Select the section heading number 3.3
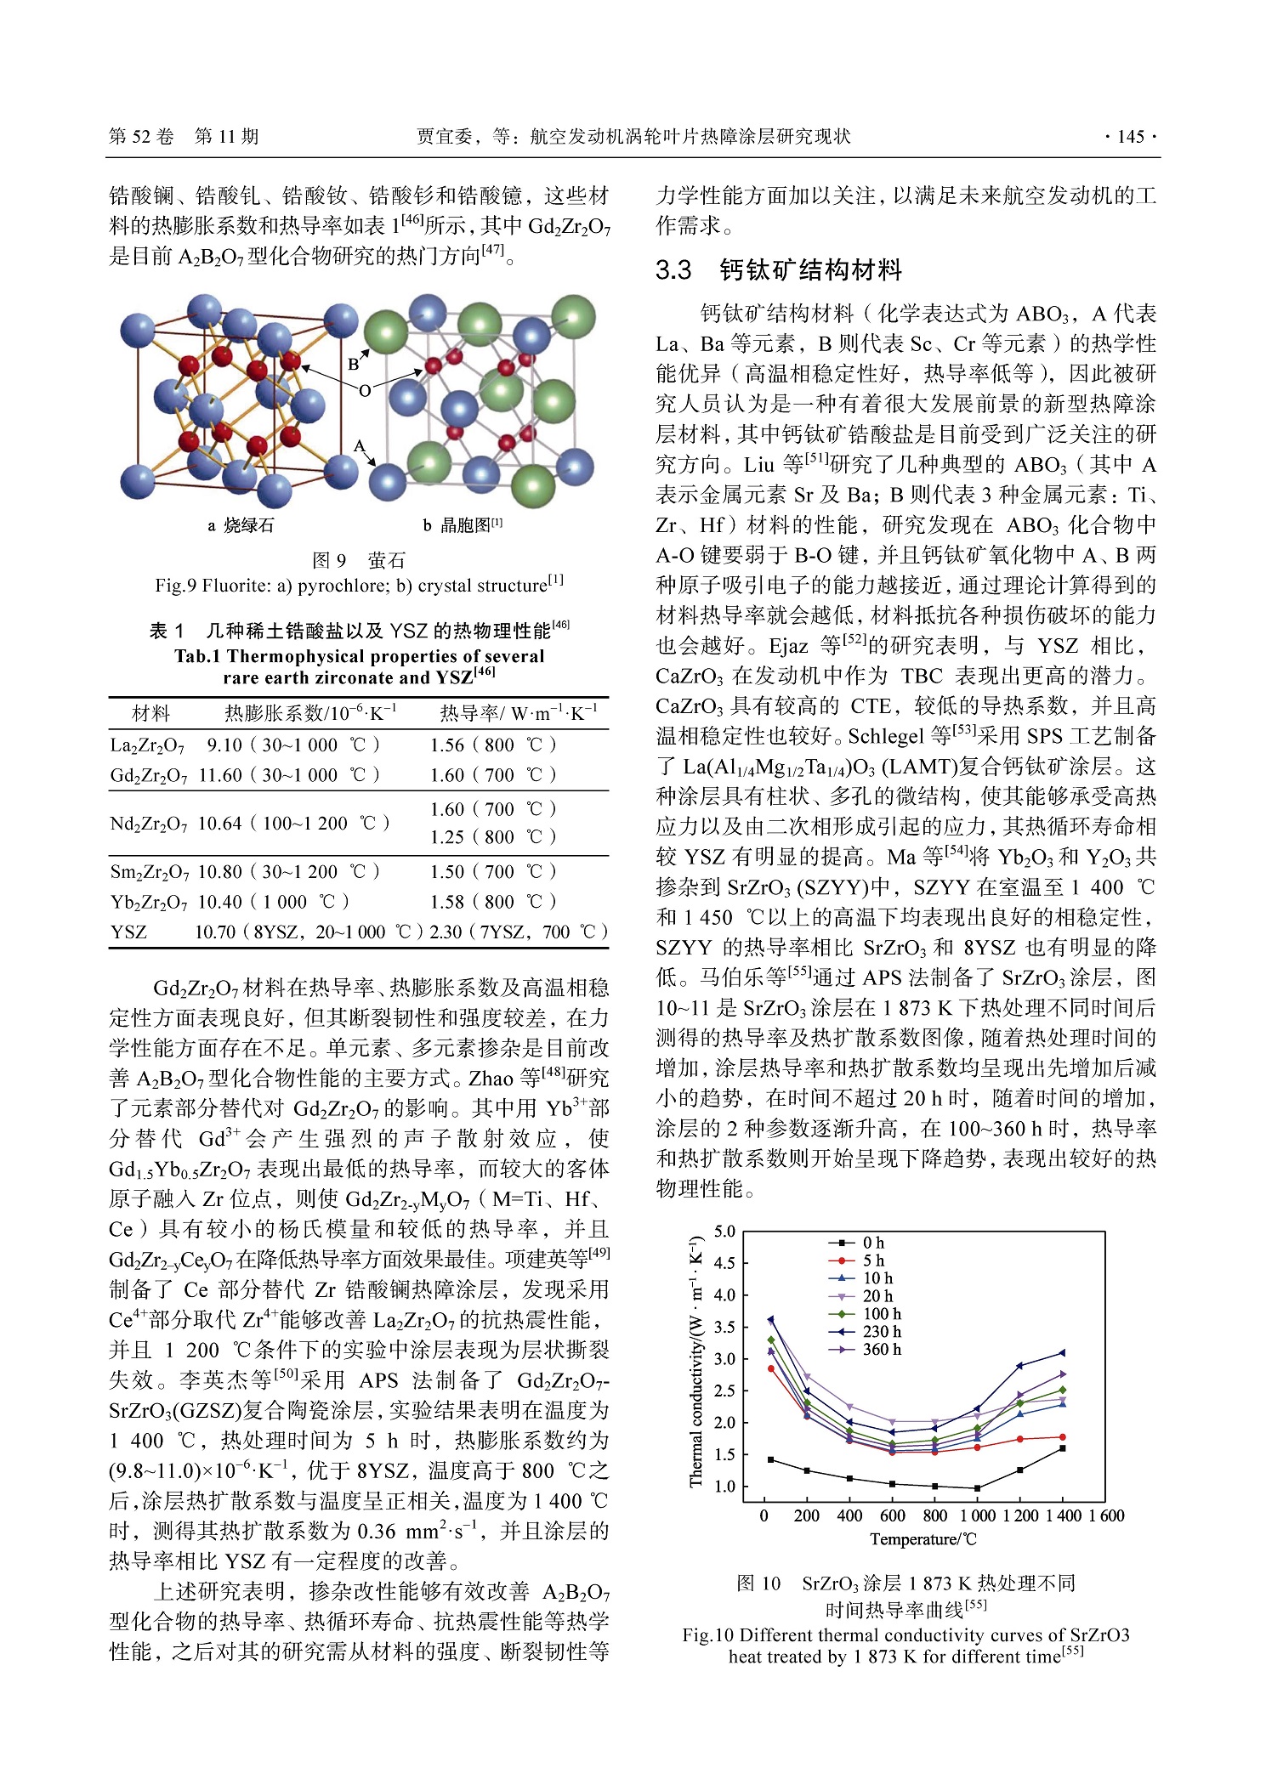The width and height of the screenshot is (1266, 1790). tap(673, 270)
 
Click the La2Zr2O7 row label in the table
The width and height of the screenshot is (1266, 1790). tap(147, 745)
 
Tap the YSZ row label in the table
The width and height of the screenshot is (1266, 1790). tap(128, 932)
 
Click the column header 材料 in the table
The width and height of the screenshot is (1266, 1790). tap(151, 712)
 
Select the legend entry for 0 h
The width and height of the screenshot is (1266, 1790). tap(873, 1243)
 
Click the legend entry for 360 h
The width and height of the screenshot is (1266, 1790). tap(881, 1349)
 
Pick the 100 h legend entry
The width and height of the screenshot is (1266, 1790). tap(881, 1314)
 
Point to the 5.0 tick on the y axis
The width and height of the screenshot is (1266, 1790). tap(724, 1232)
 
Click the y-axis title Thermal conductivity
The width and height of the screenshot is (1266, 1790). tap(696, 1360)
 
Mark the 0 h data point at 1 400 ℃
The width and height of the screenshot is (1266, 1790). tap(1063, 1448)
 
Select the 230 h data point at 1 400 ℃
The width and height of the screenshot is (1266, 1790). tap(1062, 1353)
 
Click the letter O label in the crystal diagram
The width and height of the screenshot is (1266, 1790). tap(365, 390)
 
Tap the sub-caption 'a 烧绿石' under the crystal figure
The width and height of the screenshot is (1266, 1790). tap(241, 525)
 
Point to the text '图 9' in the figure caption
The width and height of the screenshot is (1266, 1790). tap(329, 560)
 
